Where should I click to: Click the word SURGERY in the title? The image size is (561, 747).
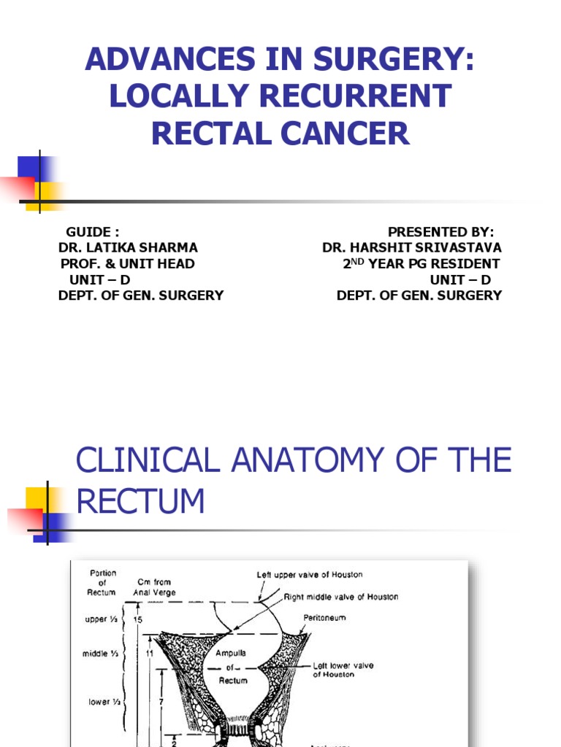click(380, 59)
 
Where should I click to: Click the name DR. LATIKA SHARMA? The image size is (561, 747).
click(128, 248)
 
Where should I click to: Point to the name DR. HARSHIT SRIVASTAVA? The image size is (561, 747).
click(412, 248)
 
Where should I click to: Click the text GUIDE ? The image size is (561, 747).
click(93, 232)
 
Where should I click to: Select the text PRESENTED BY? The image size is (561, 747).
click(441, 232)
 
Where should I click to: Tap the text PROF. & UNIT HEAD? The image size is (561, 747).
click(128, 264)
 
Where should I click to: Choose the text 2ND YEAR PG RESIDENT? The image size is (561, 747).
click(421, 264)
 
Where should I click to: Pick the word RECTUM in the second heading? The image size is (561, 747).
click(140, 502)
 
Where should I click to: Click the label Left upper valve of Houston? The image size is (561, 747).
click(310, 575)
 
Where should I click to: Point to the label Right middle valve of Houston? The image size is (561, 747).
click(341, 597)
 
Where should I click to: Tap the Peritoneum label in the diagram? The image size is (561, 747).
click(326, 618)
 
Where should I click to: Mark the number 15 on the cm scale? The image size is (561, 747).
click(139, 619)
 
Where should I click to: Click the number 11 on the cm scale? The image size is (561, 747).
click(149, 654)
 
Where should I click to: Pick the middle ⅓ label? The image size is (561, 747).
click(101, 654)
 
